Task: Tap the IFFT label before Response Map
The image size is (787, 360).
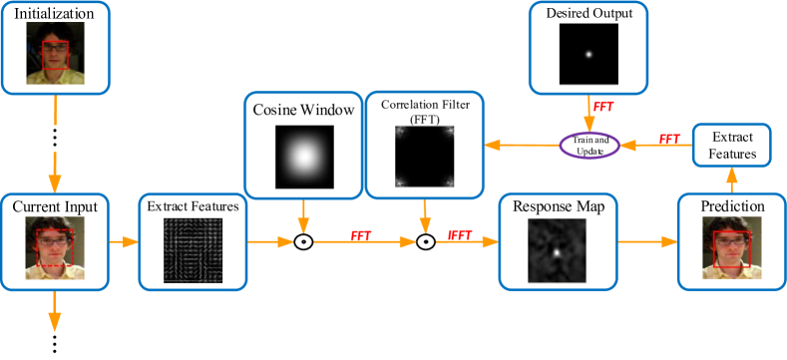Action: point(460,235)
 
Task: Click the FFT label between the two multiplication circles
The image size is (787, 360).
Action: point(362,235)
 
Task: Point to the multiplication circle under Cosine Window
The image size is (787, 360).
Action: point(303,242)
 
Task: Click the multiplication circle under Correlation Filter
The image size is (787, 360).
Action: point(426,242)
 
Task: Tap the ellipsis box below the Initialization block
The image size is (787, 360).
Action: point(54,139)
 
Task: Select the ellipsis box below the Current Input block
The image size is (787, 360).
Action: point(54,345)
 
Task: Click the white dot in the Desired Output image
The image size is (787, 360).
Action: point(589,55)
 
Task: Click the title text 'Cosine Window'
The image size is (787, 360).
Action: point(301,110)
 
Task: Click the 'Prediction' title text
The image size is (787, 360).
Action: point(732,206)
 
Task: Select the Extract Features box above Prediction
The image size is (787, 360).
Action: point(732,145)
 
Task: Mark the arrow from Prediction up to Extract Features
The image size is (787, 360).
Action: point(732,180)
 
